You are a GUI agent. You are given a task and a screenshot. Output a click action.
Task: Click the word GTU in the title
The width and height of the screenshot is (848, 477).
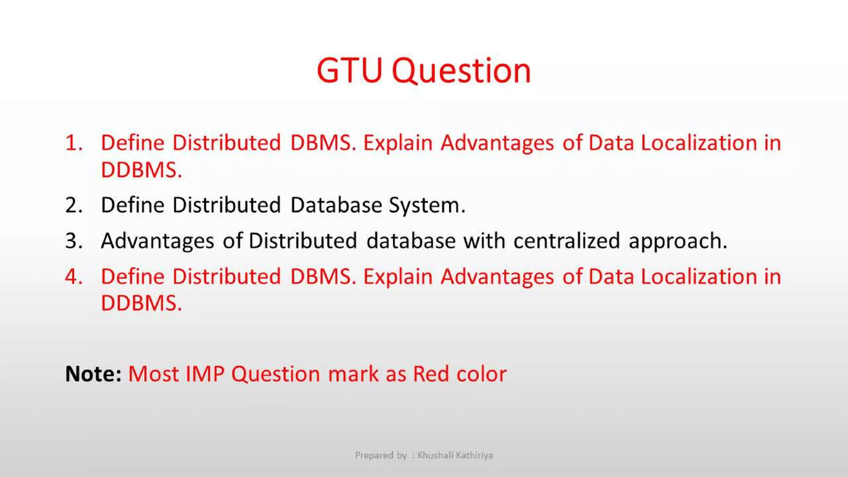coord(349,71)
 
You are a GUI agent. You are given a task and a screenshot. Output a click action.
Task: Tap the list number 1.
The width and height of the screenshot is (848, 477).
coord(74,143)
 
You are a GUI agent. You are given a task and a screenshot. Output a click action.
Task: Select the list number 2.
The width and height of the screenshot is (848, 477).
coord(74,205)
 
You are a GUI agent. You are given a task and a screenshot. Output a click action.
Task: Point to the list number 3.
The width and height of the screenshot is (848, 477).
coord(74,241)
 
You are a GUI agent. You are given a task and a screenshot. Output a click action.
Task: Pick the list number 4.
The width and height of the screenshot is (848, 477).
coord(74,277)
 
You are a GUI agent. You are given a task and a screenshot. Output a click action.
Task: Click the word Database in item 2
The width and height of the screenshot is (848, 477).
coord(336,205)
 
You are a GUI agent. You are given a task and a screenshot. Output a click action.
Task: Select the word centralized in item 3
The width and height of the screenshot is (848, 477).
coord(566,241)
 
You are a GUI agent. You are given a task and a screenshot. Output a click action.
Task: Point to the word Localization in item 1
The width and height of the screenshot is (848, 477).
coord(699,143)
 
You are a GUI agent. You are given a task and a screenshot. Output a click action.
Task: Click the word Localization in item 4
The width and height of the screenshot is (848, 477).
coord(699,277)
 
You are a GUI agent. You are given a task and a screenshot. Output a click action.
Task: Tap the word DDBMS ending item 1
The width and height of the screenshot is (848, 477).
coord(141,170)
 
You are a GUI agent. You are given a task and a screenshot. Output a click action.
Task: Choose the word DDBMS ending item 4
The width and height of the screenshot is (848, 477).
coord(141,303)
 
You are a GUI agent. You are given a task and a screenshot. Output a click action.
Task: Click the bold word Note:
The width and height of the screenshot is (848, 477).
coord(93,374)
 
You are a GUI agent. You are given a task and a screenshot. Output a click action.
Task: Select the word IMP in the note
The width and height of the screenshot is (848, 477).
coord(205,374)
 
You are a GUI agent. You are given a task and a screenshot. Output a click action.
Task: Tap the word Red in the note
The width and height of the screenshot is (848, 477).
coord(431,374)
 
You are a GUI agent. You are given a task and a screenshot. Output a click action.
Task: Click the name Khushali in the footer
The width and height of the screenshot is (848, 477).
coord(436,455)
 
